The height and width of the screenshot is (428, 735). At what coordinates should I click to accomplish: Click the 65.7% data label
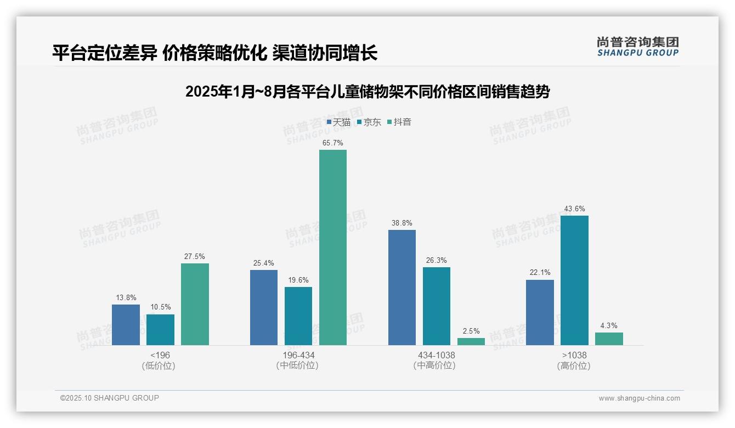(333, 143)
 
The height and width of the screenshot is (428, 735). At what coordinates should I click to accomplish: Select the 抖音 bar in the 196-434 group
(333, 247)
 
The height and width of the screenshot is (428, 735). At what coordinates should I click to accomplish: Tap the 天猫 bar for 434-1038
(402, 288)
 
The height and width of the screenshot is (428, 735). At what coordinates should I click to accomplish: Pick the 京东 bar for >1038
(574, 280)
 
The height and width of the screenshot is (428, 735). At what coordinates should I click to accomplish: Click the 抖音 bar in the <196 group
(195, 304)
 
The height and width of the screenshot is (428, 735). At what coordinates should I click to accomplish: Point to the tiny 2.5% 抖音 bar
(471, 341)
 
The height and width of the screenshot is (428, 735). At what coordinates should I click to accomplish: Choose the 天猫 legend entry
(339, 122)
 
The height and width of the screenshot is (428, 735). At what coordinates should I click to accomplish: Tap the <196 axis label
(160, 355)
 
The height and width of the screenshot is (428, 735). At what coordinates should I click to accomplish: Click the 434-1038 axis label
(437, 355)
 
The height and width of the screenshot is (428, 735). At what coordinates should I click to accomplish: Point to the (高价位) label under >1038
(574, 366)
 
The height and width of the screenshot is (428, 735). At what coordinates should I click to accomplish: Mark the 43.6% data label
(574, 209)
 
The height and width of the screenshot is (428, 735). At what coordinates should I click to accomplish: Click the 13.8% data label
(126, 297)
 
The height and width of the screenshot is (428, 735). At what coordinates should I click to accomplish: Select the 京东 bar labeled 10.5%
(160, 330)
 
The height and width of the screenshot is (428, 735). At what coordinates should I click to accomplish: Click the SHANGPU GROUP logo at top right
(638, 47)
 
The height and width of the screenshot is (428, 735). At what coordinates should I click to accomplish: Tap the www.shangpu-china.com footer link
(639, 398)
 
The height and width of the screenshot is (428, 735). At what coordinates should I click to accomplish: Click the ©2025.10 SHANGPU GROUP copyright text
(110, 398)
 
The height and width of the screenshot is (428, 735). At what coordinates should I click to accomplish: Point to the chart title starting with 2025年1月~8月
(367, 92)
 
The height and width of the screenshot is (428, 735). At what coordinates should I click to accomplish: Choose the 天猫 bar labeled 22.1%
(540, 312)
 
